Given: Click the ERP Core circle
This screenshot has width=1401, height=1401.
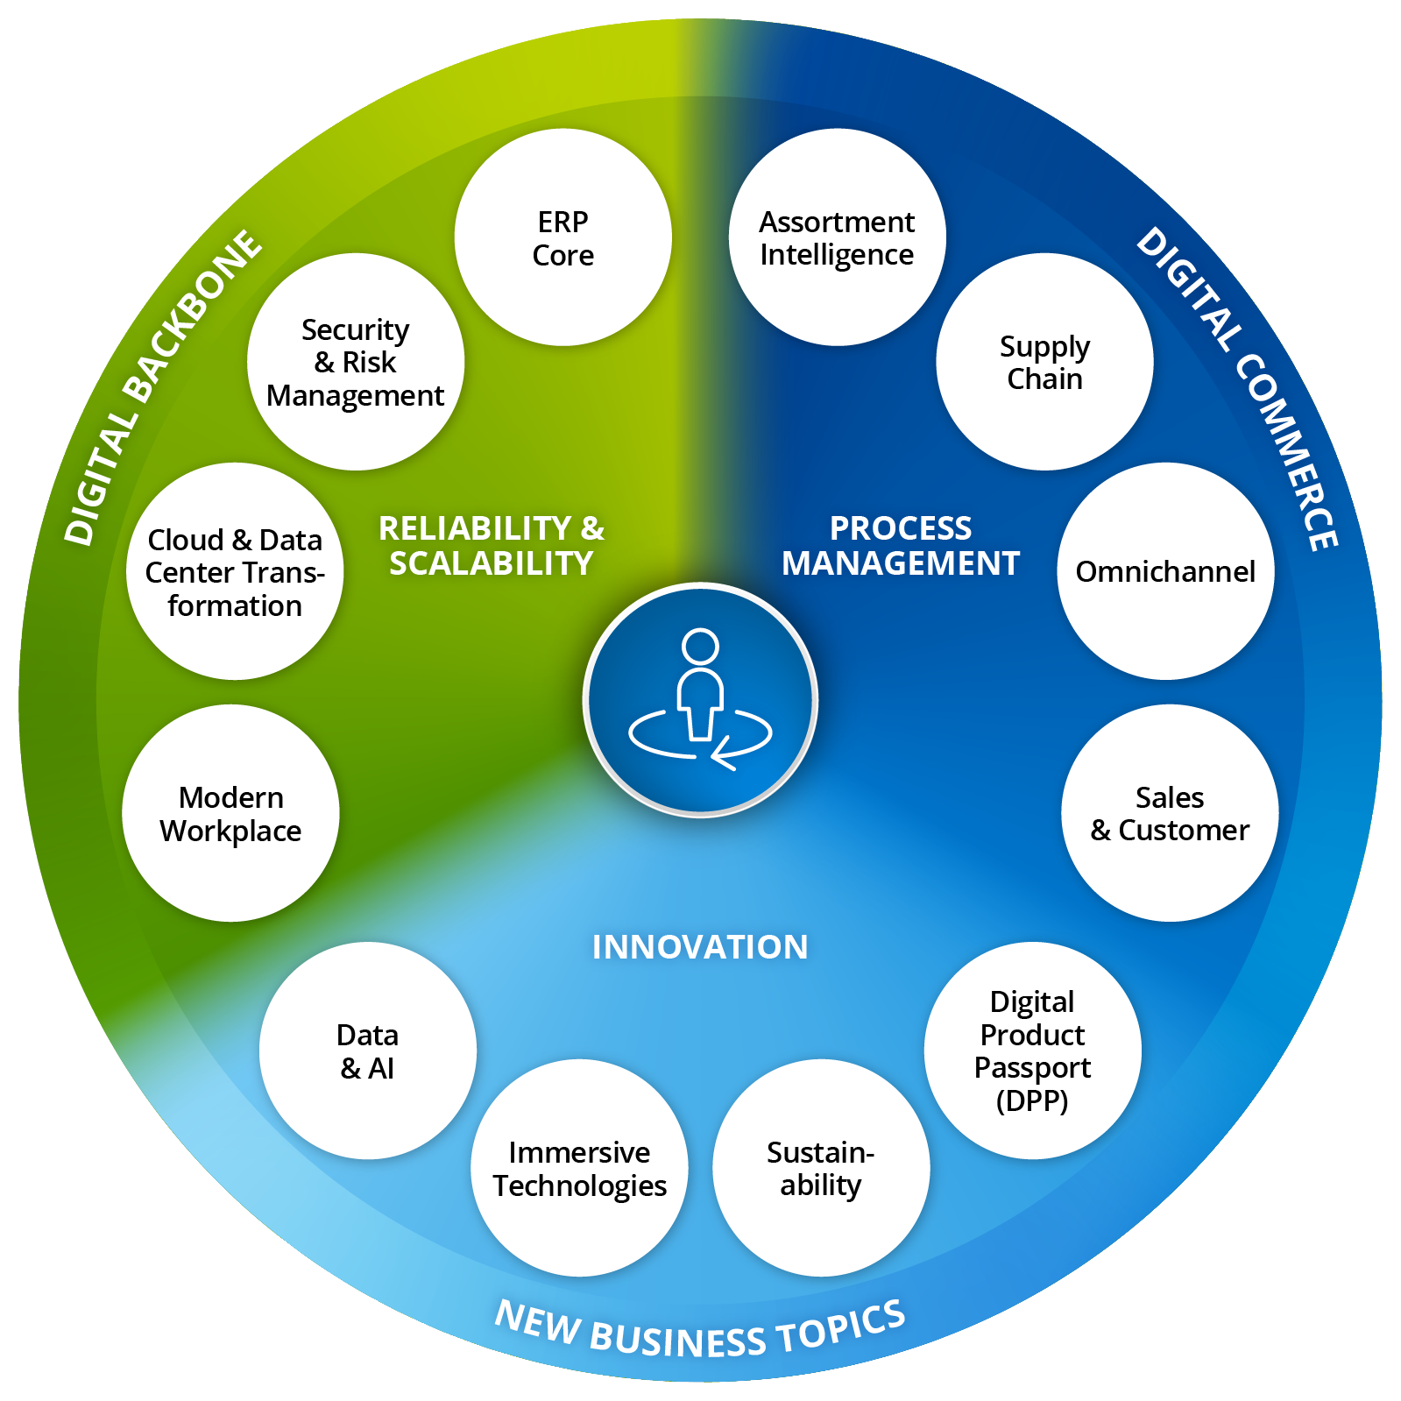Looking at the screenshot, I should tap(563, 237).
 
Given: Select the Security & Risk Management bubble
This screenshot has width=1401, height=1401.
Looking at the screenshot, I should tap(356, 362).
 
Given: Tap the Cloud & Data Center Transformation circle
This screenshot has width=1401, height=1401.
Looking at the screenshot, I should tap(235, 571).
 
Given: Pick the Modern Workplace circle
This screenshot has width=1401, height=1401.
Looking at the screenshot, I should tap(230, 813).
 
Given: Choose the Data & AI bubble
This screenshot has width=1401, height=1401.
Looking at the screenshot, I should tap(368, 1051).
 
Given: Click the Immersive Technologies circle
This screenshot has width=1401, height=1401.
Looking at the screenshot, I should tap(579, 1168).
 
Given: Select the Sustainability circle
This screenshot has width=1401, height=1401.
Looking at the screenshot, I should tap(821, 1168).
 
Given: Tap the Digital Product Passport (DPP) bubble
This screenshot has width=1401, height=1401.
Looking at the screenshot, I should tap(1032, 1051).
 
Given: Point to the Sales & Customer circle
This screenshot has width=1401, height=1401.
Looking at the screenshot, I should tap(1170, 813).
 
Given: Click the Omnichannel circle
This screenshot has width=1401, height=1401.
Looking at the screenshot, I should tap(1165, 571).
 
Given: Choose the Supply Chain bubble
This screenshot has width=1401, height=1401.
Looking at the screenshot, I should tap(1044, 362).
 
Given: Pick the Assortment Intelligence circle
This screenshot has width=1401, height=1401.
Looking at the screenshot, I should tap(837, 237).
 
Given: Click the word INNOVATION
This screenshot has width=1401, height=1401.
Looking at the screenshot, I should tap(700, 947).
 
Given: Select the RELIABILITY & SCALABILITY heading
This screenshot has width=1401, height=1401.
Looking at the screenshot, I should tap(492, 546).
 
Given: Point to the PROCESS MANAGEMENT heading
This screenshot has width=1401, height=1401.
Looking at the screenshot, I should tap(901, 546).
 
